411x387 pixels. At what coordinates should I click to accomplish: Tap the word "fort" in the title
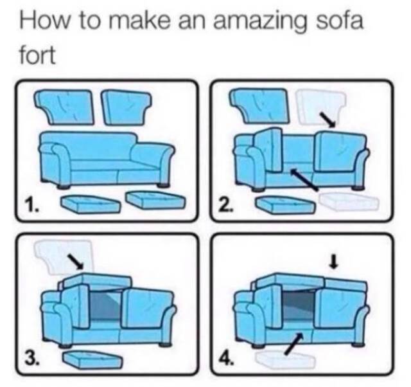coord(37,55)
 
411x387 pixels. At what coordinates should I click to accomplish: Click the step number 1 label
coord(31,205)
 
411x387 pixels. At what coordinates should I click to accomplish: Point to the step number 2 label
coord(226,205)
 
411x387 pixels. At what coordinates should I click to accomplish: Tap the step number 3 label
coord(31,358)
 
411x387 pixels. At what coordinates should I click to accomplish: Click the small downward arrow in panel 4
coord(333,262)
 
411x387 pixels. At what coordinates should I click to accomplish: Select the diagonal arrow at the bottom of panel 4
coord(294,343)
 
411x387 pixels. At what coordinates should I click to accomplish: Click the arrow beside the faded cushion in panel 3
coord(76,262)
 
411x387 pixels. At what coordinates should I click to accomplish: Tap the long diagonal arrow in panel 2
coord(304,179)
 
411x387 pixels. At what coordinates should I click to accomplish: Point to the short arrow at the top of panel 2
coord(329,120)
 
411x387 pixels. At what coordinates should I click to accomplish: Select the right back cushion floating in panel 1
coord(126,106)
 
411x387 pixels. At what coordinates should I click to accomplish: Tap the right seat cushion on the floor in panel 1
coord(155,199)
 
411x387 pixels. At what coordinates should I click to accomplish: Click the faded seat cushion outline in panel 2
coord(349,201)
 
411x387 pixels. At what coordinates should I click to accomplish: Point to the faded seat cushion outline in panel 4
coord(285,359)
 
